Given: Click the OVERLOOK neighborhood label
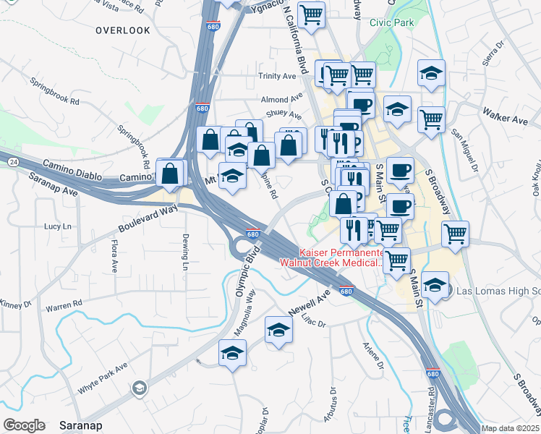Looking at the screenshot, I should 123,30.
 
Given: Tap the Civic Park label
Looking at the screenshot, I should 391,22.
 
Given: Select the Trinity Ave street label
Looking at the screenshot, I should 277,76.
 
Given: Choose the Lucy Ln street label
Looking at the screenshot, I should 59,226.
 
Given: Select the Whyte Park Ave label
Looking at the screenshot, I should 103,377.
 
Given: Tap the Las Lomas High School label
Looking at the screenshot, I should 495,291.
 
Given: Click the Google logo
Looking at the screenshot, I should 24,425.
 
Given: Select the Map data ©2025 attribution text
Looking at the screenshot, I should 511,428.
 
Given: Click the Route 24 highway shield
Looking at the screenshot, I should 14,162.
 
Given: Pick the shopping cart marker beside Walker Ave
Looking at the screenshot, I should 431,119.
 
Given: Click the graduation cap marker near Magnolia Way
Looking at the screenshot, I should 232,354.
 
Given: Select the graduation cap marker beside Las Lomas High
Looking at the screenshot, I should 435,284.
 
